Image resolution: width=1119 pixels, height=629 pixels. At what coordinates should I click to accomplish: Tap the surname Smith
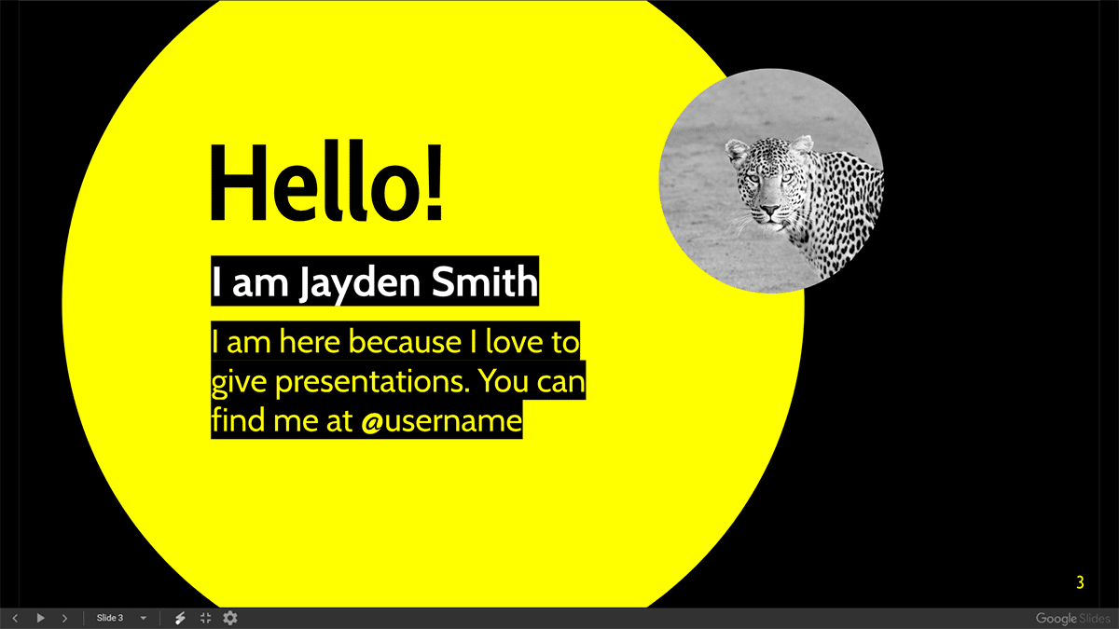click(485, 281)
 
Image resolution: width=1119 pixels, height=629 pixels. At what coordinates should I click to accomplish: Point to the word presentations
click(373, 383)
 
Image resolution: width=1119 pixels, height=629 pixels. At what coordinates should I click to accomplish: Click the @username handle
click(442, 420)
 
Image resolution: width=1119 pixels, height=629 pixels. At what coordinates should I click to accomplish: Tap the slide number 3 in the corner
click(1080, 582)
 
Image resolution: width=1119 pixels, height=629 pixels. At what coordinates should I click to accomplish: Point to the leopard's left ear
click(802, 144)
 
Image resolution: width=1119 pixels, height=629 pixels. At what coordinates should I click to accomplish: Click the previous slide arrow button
click(15, 618)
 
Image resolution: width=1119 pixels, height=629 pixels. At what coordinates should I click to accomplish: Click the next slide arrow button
click(64, 618)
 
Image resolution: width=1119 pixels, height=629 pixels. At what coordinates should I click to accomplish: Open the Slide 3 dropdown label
click(109, 618)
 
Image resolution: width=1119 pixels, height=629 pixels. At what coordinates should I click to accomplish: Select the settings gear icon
click(229, 618)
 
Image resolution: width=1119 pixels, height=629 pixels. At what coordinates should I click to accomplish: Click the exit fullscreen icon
click(206, 618)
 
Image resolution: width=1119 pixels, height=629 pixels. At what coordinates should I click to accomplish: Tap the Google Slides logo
click(1072, 619)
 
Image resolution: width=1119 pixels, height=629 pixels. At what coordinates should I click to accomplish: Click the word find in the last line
click(239, 419)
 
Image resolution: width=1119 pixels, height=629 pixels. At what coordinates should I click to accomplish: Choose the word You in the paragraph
click(504, 381)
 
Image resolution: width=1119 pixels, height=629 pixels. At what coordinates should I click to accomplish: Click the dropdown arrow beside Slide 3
click(144, 618)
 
